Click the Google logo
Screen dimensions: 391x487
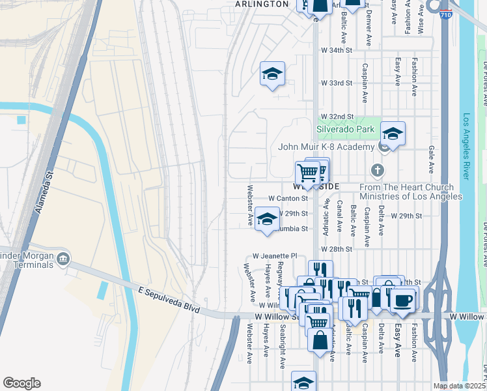click(21, 383)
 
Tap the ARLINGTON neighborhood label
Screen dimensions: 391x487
click(262, 4)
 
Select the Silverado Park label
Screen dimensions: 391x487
click(345, 130)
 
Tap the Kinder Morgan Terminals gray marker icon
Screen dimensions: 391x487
click(63, 259)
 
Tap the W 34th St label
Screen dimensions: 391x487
click(337, 50)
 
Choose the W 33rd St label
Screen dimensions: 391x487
click(337, 83)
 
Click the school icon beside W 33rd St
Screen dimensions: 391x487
click(272, 74)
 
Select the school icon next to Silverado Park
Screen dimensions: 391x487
click(393, 134)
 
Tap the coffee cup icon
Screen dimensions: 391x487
click(402, 300)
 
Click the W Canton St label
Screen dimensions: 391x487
click(288, 198)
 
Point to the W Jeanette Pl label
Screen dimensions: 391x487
click(275, 257)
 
